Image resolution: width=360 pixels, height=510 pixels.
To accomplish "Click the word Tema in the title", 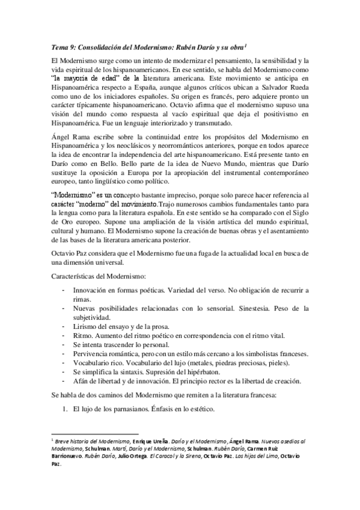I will tap(59, 48).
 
